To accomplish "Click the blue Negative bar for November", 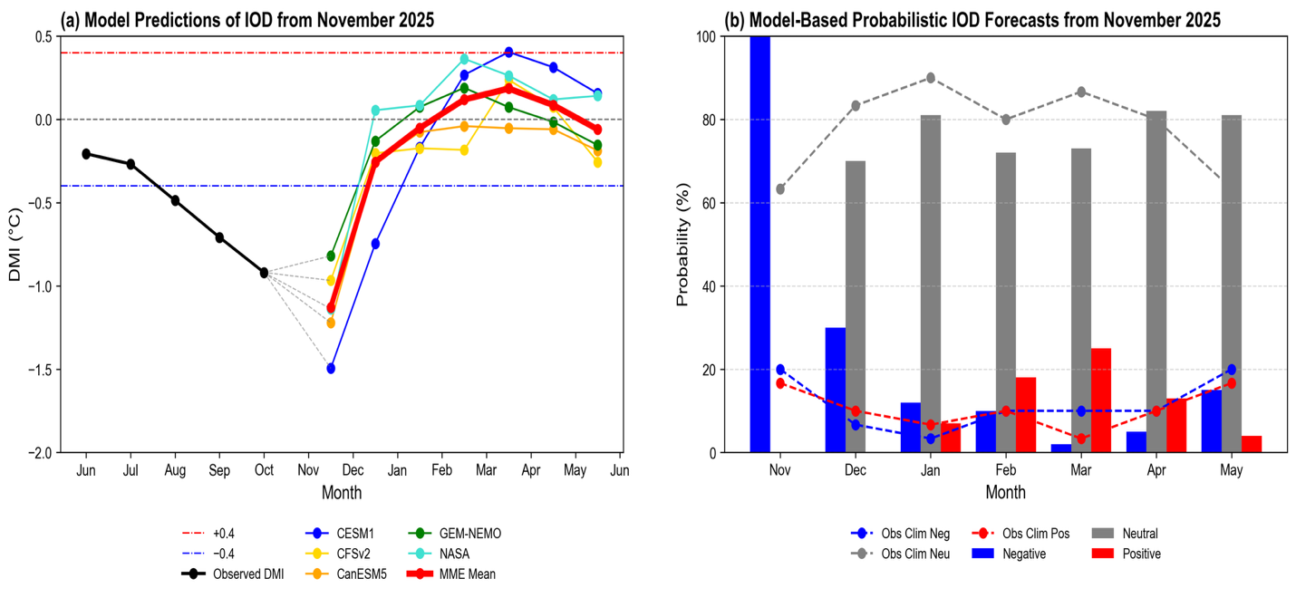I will point(759,245).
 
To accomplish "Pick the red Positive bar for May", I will point(1251,444).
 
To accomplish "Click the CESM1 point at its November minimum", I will point(331,369).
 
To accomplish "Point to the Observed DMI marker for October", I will point(264,273).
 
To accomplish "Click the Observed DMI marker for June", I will point(86,154).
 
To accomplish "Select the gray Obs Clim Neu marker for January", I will point(931,78).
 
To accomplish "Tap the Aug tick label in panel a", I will point(175,471).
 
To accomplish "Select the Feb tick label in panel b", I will point(1005,471).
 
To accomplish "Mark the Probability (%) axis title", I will point(683,245).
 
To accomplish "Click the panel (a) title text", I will point(247,19).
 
